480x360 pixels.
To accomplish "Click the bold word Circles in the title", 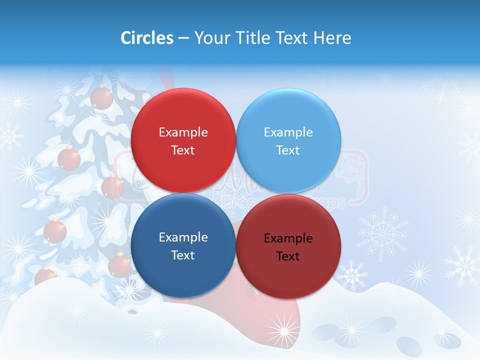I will [147, 38].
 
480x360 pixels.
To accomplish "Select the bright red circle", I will [183, 140].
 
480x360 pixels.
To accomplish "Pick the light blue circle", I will [288, 140].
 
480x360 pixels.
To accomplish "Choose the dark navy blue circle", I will [183, 245].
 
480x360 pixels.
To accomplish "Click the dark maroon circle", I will [288, 246].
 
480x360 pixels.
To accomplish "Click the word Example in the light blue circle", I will [288, 132].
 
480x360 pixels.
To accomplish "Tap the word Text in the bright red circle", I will [183, 150].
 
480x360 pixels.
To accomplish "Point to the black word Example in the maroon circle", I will [288, 238].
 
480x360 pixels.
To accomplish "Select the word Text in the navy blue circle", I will [183, 255].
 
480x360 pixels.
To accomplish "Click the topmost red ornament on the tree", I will [101, 97].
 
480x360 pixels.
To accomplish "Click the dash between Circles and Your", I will [183, 38].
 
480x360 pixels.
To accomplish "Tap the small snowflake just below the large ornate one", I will [352, 275].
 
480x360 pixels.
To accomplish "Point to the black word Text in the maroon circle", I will [288, 256].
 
